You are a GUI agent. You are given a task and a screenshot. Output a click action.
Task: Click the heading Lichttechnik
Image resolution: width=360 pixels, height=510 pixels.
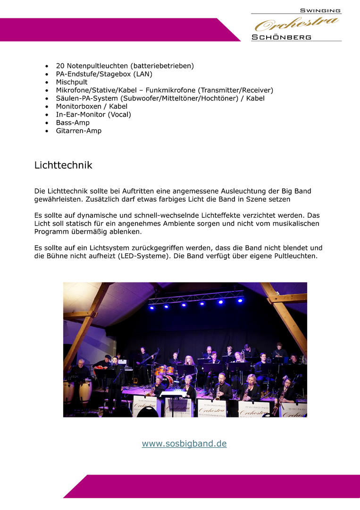[63, 165]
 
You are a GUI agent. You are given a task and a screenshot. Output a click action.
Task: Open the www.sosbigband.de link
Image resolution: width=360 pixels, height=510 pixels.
[184, 443]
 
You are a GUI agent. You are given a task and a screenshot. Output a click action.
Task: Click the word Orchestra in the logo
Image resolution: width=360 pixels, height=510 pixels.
[297, 24]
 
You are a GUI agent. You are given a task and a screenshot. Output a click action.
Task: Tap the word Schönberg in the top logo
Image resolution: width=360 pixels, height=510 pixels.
[282, 37]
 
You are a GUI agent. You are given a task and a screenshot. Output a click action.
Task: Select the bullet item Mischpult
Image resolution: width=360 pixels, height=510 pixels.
[72, 82]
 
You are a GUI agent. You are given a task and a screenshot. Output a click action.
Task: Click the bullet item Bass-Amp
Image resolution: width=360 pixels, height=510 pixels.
[73, 123]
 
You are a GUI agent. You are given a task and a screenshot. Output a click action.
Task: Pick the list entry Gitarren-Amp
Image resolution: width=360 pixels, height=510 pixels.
[78, 131]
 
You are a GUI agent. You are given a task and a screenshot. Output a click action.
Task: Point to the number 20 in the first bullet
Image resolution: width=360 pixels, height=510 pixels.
[60, 66]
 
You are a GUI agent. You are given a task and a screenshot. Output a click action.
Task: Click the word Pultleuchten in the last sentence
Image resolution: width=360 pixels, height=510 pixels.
[296, 256]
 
